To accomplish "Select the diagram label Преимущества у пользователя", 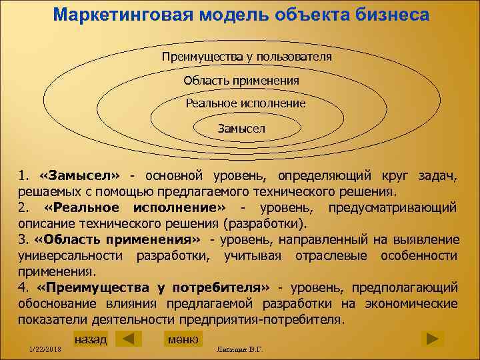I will pyautogui.click(x=247, y=57).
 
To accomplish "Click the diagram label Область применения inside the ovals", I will pyautogui.click(x=241, y=80).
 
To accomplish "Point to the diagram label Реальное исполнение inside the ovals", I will pyautogui.click(x=245, y=103).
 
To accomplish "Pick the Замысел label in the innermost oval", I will pyautogui.click(x=241, y=127).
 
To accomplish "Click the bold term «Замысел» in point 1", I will pyautogui.click(x=79, y=176).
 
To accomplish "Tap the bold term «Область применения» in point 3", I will pyautogui.click(x=117, y=240).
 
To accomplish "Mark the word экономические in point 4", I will pyautogui.click(x=413, y=304).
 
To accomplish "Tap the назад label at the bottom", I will pyautogui.click(x=91, y=339).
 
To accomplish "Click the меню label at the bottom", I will pyautogui.click(x=183, y=339).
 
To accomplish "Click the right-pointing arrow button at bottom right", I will pyautogui.click(x=433, y=339).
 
